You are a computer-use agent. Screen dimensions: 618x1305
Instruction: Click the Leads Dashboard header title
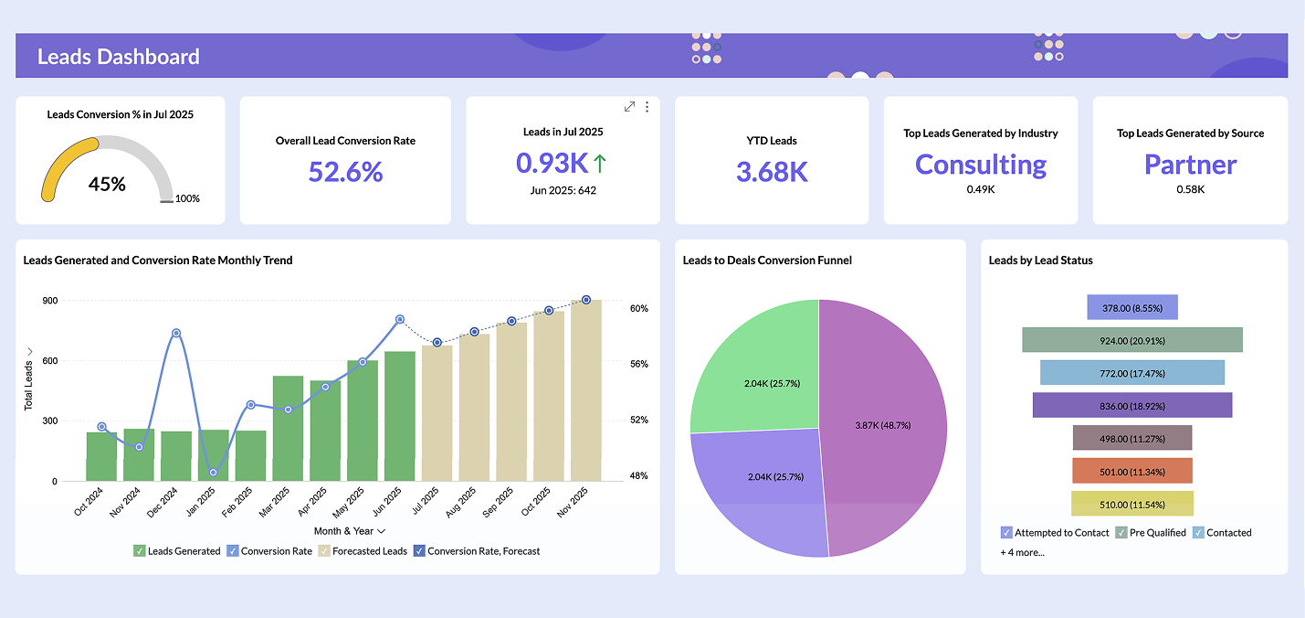click(118, 57)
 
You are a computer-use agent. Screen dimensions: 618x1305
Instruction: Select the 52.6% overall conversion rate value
click(345, 172)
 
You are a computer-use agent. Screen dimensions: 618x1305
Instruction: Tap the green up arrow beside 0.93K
click(600, 164)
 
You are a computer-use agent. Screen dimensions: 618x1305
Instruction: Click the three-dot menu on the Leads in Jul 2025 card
click(647, 107)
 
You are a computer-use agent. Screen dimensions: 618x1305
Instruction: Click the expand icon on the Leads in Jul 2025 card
click(629, 107)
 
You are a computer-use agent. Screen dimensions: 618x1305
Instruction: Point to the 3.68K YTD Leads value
click(772, 172)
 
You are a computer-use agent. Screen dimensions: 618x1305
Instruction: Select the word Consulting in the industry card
click(980, 165)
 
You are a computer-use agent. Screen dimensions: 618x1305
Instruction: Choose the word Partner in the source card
click(1190, 165)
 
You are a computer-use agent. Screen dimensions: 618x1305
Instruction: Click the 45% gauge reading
click(107, 184)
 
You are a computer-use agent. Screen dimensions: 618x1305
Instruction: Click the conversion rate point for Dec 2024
click(176, 333)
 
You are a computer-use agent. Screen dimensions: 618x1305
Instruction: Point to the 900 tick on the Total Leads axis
click(49, 301)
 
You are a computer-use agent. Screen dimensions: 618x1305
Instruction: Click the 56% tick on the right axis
click(638, 364)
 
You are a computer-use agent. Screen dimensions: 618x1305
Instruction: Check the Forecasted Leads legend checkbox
click(323, 551)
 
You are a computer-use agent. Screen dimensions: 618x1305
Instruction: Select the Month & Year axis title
click(349, 531)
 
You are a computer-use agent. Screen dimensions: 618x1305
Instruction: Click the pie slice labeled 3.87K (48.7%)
click(882, 425)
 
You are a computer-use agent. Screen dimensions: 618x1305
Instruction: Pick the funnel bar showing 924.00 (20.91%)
click(1131, 340)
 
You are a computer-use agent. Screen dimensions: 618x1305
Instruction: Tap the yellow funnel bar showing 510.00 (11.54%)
click(1131, 504)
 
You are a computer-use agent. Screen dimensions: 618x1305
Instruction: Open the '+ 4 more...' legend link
click(1022, 552)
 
